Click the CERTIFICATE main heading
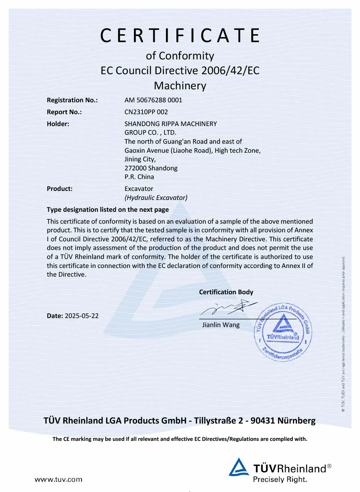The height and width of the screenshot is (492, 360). point(180,36)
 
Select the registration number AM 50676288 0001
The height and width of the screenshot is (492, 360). point(153,100)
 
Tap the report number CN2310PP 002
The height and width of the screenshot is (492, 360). point(146,112)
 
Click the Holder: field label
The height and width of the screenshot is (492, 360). point(58,124)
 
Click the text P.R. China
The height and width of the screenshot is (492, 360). point(139,177)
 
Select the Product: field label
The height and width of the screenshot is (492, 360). point(60,189)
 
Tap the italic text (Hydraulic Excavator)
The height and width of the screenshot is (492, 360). point(156,198)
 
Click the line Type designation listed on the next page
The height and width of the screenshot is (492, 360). point(108,210)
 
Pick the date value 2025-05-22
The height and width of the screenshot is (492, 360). point(82,316)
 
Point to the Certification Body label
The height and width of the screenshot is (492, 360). point(226,292)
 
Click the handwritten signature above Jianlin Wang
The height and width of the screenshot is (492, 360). point(230,308)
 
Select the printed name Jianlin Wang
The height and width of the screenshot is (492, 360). point(221,325)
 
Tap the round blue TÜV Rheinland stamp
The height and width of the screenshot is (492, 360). point(283,332)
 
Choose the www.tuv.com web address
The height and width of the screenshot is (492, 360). point(58,479)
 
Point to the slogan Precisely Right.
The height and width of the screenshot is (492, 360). point(280,479)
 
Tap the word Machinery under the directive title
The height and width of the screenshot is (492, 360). point(180,86)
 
